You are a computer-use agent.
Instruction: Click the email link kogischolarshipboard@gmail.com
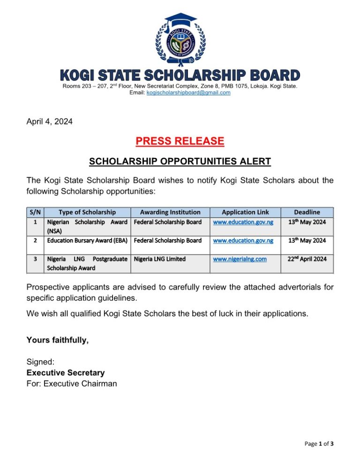pyautogui.click(x=188, y=93)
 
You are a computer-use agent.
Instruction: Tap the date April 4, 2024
pyautogui.click(x=50, y=122)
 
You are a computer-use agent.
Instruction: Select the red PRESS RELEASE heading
pyautogui.click(x=180, y=141)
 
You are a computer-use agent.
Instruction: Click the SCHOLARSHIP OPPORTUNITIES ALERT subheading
pyautogui.click(x=180, y=162)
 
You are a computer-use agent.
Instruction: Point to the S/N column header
pyautogui.click(x=35, y=212)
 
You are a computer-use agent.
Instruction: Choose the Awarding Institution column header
pyautogui.click(x=170, y=212)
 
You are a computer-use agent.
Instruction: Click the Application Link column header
pyautogui.click(x=245, y=212)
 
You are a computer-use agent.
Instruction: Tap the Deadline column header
pyautogui.click(x=307, y=212)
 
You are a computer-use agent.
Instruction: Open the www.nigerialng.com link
pyautogui.click(x=240, y=259)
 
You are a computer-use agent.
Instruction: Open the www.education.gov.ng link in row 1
pyautogui.click(x=243, y=222)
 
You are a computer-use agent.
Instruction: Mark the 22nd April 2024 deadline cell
pyautogui.click(x=307, y=259)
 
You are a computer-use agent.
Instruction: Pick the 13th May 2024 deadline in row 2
pyautogui.click(x=307, y=241)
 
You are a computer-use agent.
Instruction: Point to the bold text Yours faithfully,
pyautogui.click(x=58, y=340)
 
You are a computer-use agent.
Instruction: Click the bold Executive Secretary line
pyautogui.click(x=66, y=373)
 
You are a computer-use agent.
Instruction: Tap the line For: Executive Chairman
pyautogui.click(x=72, y=384)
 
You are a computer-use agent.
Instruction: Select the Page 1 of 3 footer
pyautogui.click(x=319, y=444)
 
